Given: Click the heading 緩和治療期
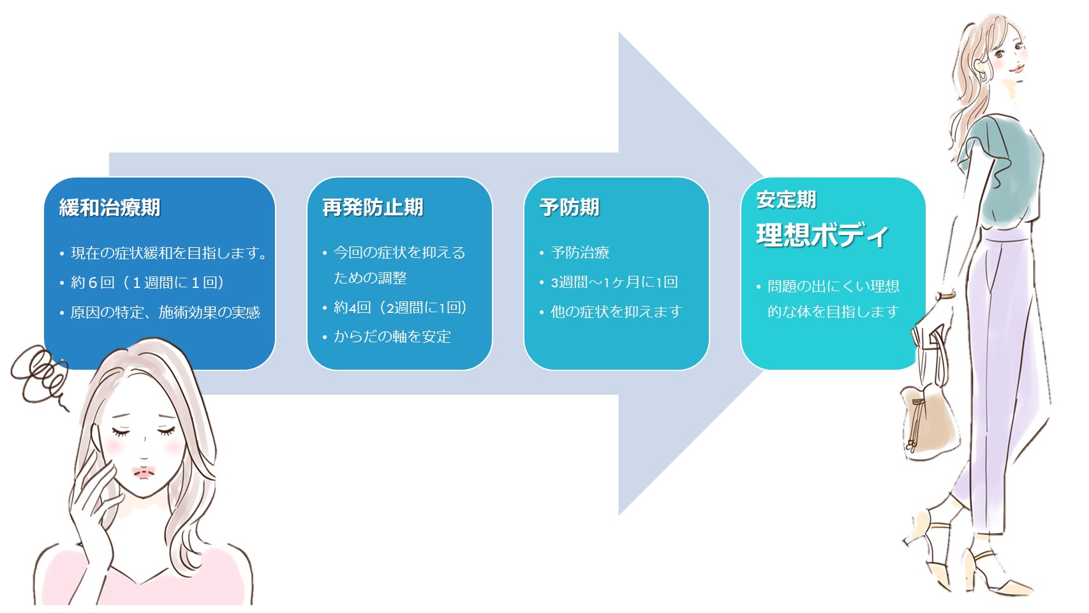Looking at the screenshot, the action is coord(110,208).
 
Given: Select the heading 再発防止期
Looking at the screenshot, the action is coord(373,208).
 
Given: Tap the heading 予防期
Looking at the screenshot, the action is coord(569,208).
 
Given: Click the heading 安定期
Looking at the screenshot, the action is coord(786,200).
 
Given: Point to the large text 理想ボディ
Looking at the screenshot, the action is coord(822,236).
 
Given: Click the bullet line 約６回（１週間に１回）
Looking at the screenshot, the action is coord(147,283).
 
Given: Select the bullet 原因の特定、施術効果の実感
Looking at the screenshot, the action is coord(165,312).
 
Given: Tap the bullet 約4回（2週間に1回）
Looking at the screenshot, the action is coord(400,308).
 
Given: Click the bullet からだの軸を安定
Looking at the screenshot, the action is coord(392,337).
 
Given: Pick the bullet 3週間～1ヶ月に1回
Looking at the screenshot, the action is coord(614,282).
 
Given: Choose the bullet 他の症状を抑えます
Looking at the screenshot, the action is coord(616,312).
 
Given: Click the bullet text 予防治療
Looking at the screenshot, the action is coord(580,253).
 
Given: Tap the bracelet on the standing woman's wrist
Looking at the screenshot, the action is coord(945,295).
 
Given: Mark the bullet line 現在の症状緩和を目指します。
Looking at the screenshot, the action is coord(168,253).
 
